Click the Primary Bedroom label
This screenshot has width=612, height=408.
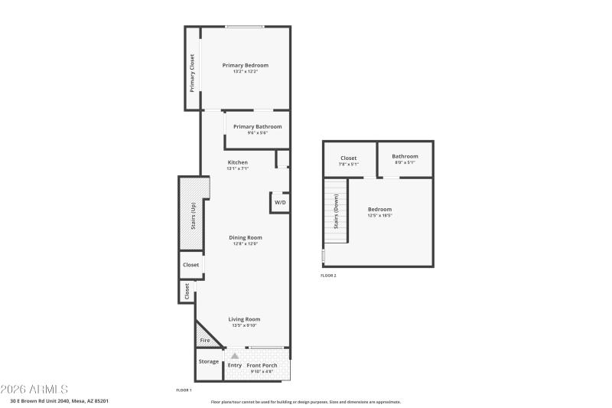pos(245,65)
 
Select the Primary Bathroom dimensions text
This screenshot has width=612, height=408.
pos(257,133)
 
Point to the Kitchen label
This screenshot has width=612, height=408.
pos(238,162)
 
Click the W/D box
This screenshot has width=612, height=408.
pos(280,203)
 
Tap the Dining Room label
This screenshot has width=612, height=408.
pos(245,237)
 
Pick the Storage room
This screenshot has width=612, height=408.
pos(209,361)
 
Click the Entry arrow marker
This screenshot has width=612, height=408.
pos(235,356)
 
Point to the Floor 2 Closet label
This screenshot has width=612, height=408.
pos(348,158)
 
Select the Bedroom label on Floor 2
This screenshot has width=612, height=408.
pos(379,209)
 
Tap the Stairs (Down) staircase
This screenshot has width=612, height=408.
pos(335,211)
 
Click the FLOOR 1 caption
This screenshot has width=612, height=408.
pos(184,390)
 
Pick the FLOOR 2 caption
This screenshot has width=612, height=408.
pos(328,276)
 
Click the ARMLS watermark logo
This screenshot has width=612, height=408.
pos(35,390)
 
